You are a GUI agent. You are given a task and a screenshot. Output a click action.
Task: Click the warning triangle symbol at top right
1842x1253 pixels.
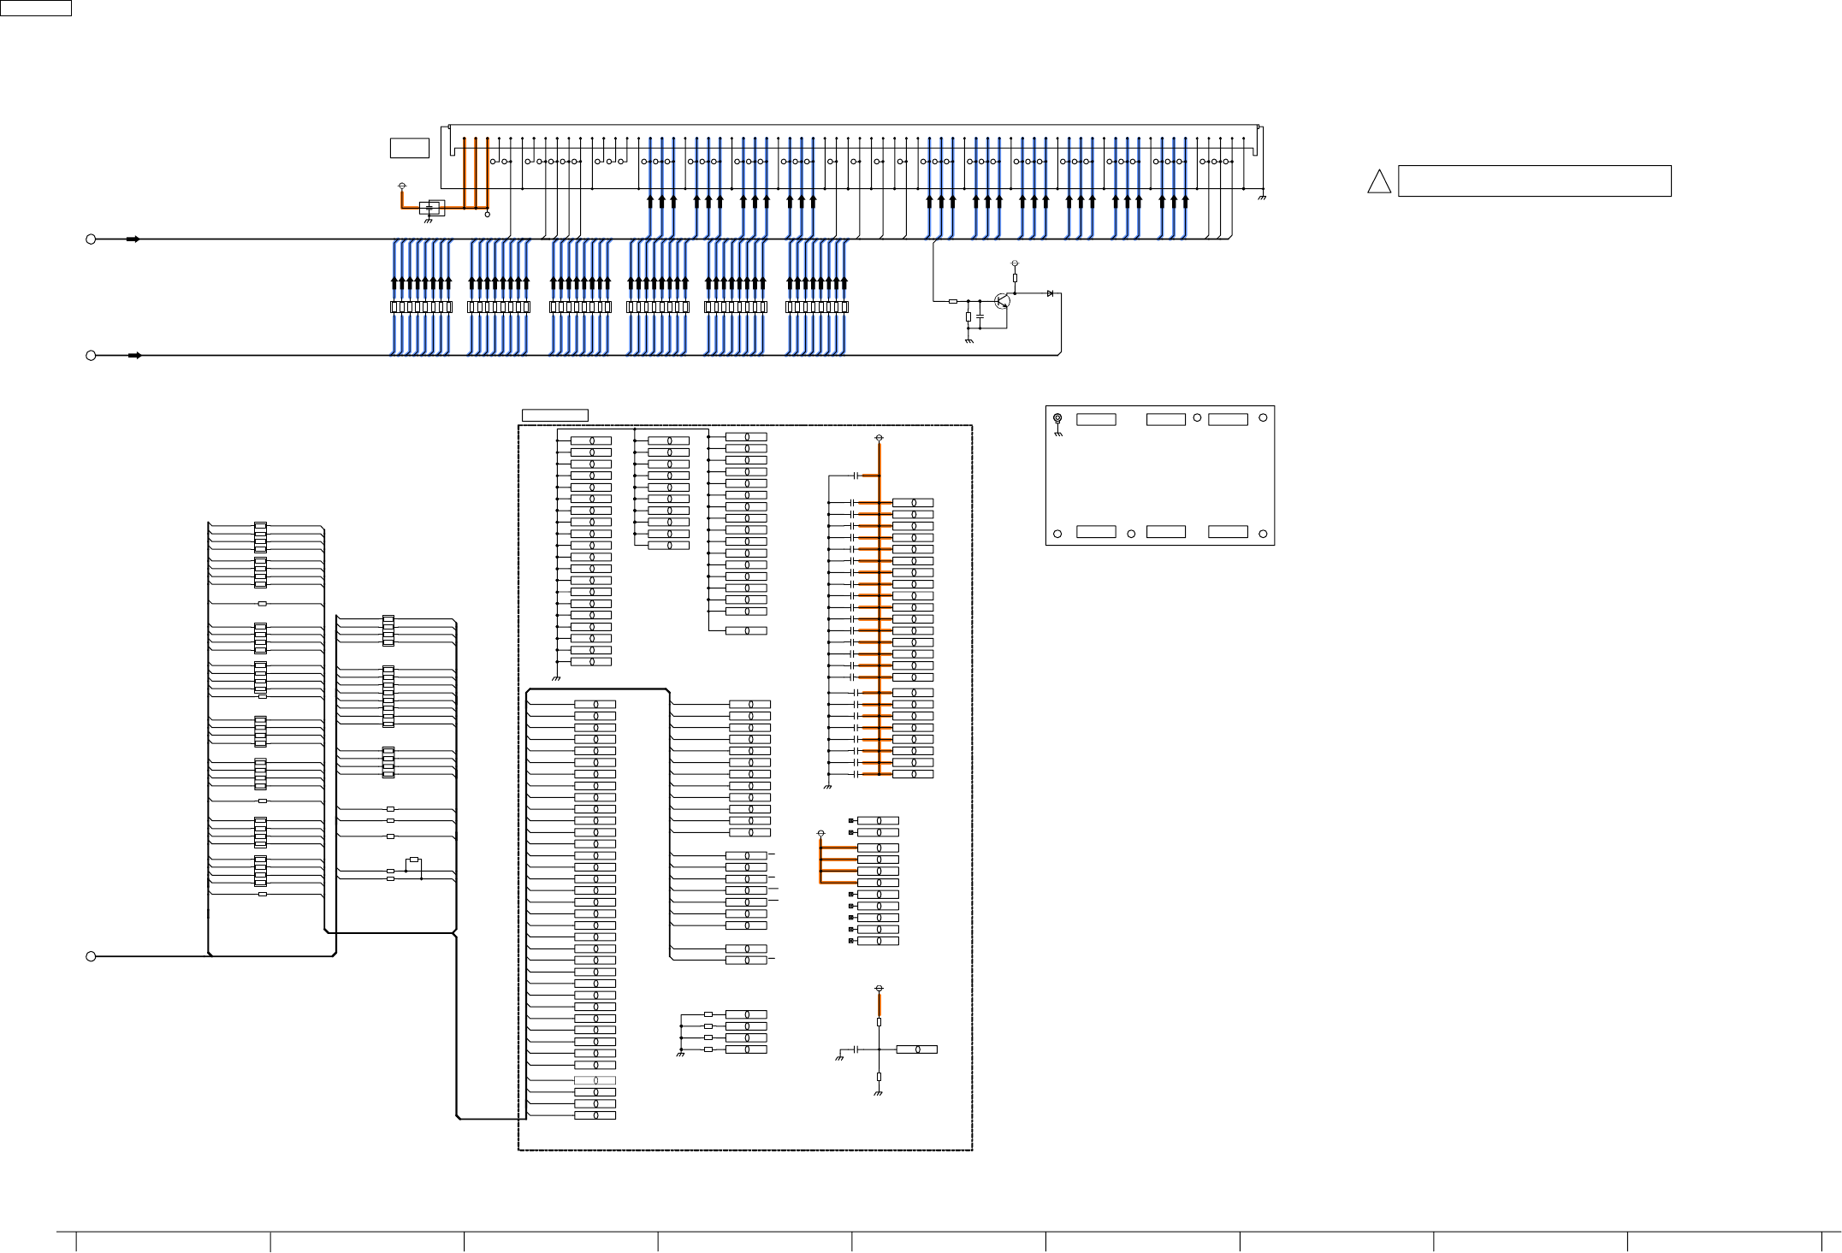tap(1378, 182)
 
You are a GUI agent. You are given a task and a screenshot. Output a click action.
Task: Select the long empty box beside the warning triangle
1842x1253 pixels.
tap(1534, 181)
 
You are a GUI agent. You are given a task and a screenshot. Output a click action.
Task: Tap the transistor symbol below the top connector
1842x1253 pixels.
tap(1003, 301)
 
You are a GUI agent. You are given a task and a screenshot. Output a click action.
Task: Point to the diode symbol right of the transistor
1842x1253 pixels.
tap(1050, 293)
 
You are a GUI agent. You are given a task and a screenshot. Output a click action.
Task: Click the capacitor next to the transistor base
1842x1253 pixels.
tap(980, 316)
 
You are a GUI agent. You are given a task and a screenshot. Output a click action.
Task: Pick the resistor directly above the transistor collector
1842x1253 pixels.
tap(1015, 278)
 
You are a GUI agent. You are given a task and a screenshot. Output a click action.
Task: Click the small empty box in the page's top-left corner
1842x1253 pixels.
tap(35, 8)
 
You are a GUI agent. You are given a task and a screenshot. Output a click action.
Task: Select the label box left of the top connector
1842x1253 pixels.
tap(409, 148)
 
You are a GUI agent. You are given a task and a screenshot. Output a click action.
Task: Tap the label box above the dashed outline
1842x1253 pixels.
tap(554, 416)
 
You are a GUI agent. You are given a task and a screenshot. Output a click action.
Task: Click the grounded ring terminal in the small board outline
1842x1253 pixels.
tap(1057, 418)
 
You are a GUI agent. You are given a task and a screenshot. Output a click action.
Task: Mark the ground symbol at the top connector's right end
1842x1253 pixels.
tap(1262, 198)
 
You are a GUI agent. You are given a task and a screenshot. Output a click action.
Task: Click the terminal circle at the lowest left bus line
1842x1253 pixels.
tap(91, 956)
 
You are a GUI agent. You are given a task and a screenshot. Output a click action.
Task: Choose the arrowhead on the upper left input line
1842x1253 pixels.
tap(133, 239)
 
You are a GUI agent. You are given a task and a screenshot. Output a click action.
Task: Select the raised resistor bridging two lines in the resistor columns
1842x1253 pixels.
tap(414, 860)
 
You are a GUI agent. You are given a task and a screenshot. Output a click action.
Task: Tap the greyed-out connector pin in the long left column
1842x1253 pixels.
tap(595, 1080)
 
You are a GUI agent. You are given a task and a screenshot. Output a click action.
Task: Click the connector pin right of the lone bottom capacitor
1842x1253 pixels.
tap(916, 1049)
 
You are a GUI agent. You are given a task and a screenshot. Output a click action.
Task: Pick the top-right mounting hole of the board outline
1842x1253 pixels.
tap(1263, 417)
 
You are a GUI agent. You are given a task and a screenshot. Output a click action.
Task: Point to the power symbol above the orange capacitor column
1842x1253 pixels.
tap(879, 439)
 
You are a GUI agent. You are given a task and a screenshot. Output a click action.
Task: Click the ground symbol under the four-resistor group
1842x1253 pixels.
tap(680, 1055)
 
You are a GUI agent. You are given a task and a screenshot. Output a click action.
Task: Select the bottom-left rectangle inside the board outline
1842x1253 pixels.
tap(1095, 532)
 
